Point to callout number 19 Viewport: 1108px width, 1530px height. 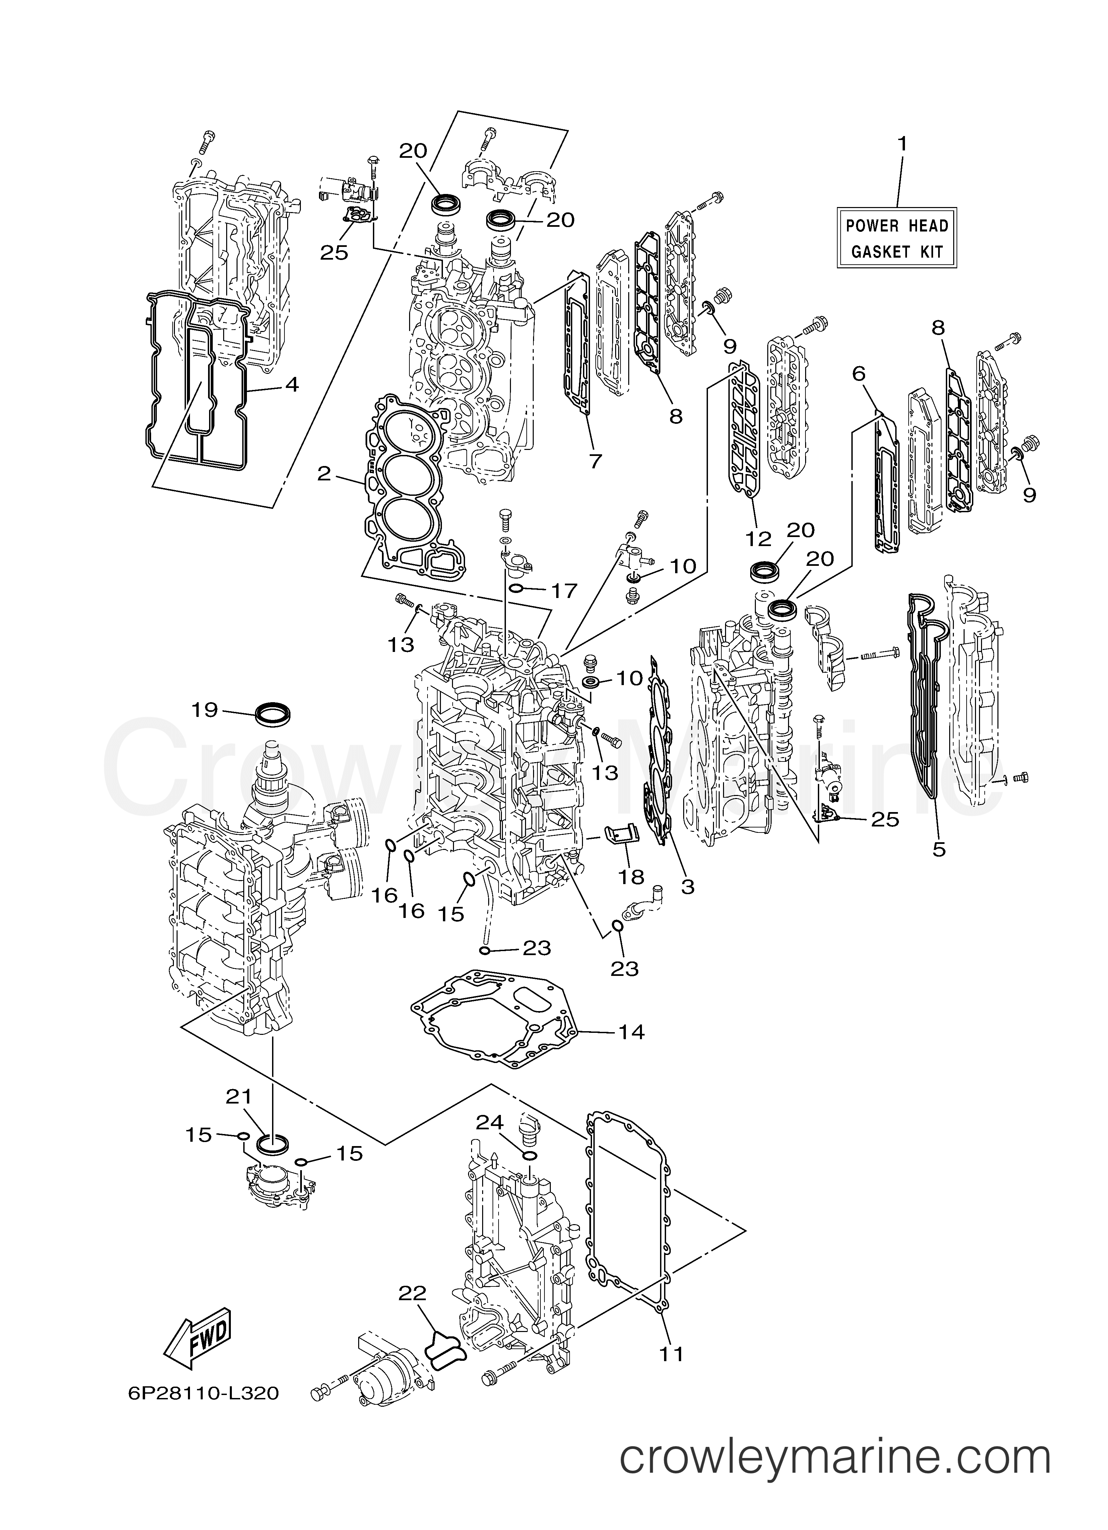(205, 710)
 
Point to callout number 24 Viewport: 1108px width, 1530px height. (491, 1122)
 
